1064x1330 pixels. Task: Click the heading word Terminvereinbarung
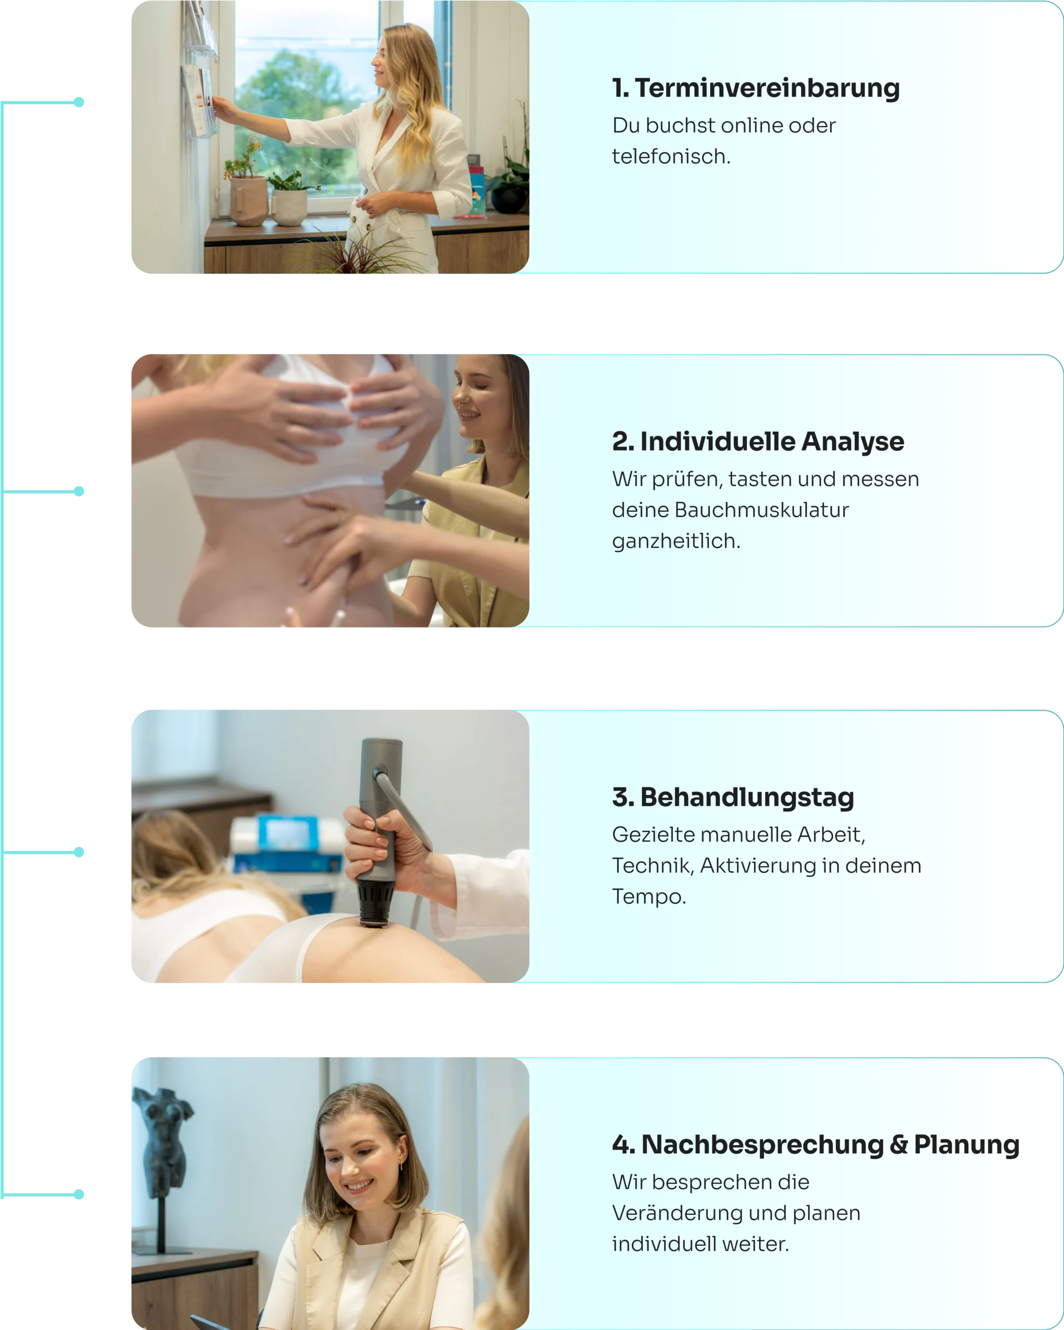point(767,88)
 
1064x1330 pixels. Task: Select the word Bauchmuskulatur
point(762,510)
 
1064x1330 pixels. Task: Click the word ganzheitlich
point(676,541)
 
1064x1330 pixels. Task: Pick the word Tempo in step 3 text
point(649,896)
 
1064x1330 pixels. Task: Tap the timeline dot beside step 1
point(79,102)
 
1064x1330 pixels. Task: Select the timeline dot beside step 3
point(79,852)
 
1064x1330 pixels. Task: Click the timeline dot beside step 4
point(79,1194)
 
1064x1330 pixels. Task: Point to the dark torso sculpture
point(162,1142)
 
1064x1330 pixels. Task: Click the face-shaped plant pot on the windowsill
point(248,201)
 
